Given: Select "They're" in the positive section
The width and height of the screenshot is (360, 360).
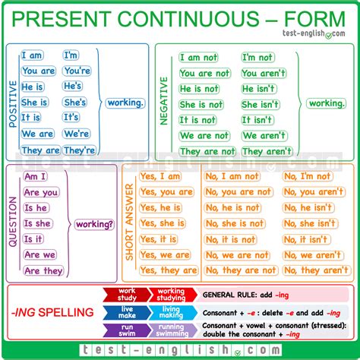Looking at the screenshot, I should tap(80, 150).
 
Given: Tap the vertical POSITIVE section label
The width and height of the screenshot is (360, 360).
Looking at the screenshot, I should tap(13, 103).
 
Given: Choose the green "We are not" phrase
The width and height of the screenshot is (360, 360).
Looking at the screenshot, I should tap(204, 136).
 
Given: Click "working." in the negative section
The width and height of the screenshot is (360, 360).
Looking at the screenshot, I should tap(327, 103).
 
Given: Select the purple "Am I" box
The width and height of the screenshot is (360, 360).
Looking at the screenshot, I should tap(36, 176).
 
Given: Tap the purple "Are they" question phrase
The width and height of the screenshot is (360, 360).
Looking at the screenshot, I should tap(43, 271).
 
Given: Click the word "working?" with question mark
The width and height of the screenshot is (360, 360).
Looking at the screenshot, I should tap(93, 224).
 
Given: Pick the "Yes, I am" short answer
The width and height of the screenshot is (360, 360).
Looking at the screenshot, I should tap(160, 176).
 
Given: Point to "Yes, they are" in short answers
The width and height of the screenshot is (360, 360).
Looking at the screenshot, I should tap(169, 270).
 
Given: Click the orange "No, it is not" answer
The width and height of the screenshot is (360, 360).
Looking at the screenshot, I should tap(231, 239).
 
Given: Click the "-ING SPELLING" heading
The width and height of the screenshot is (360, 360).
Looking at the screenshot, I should tap(53, 313).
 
